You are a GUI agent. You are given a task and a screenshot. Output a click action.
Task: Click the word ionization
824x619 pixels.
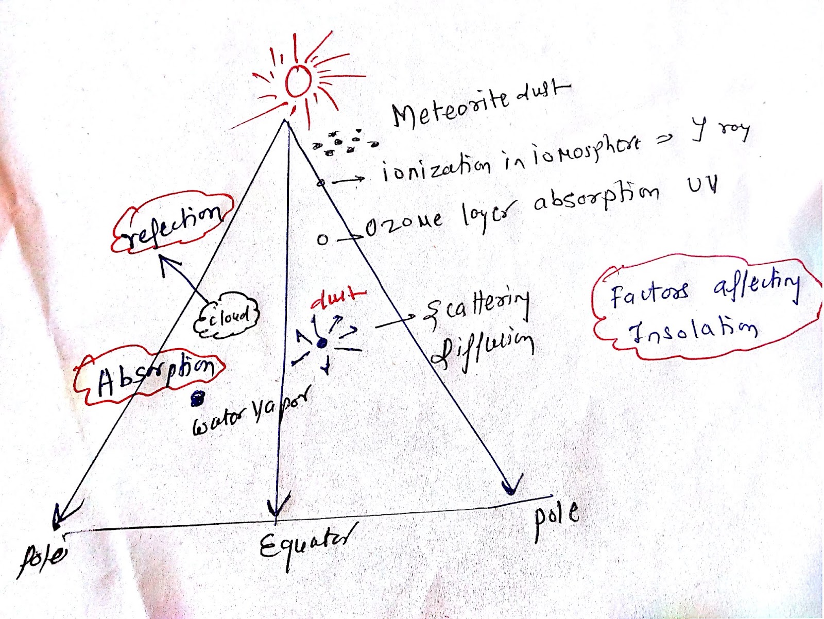coord(437,169)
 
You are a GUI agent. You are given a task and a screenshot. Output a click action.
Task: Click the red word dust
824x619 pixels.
coord(338,298)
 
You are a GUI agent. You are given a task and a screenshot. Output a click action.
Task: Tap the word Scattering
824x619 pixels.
coord(476,306)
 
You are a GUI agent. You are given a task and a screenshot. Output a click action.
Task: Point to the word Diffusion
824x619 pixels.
coord(482,350)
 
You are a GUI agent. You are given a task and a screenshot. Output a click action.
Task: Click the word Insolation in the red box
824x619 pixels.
coord(693,330)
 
